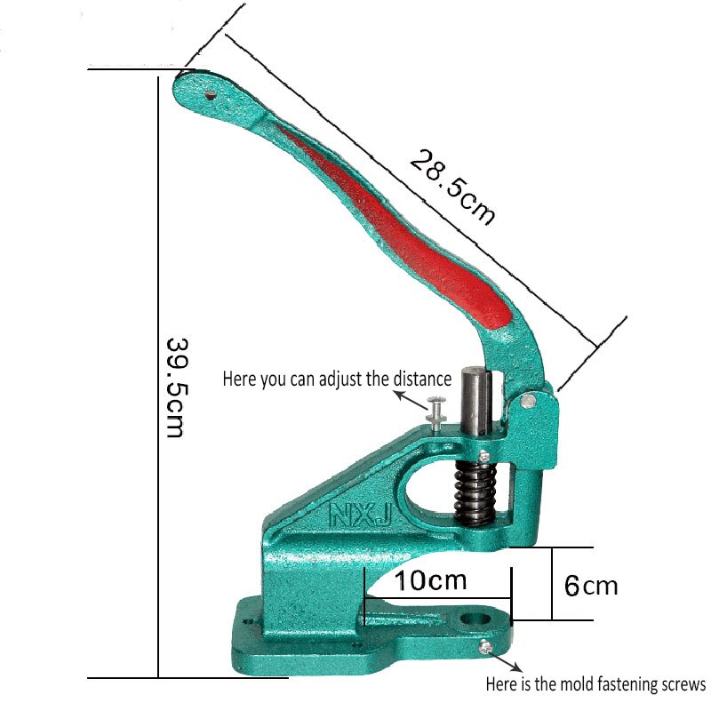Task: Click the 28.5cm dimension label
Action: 451,188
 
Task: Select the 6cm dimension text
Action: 591,586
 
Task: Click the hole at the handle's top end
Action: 211,92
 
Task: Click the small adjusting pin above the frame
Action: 436,411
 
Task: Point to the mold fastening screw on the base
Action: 485,647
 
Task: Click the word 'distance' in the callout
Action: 423,379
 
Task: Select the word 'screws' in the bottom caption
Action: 682,684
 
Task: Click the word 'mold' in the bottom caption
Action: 564,684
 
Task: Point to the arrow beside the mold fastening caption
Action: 507,662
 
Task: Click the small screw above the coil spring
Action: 484,457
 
